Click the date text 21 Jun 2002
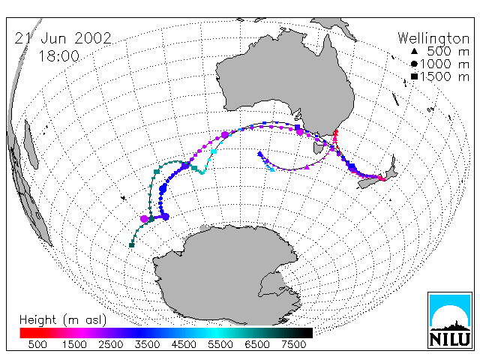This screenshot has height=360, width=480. coord(63,38)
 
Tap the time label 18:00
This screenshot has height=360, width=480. coord(58,56)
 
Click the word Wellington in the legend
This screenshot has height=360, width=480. coord(433,38)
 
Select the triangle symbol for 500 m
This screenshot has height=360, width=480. coord(414,52)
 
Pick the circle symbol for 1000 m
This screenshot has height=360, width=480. coord(414,64)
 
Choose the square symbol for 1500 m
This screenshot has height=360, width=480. coord(414,76)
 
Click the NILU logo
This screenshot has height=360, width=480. coord(450,320)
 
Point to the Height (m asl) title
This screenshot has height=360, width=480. coord(63,320)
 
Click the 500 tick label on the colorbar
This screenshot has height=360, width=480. coord(37,345)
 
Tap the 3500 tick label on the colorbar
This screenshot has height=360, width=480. coord(147,345)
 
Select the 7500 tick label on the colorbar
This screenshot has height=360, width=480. coord(293,345)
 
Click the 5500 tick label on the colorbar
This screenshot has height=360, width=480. coord(220,345)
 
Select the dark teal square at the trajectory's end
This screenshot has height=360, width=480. coord(132,245)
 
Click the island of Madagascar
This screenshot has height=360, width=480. coord(31,144)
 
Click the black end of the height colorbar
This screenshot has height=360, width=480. coord(303,333)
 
